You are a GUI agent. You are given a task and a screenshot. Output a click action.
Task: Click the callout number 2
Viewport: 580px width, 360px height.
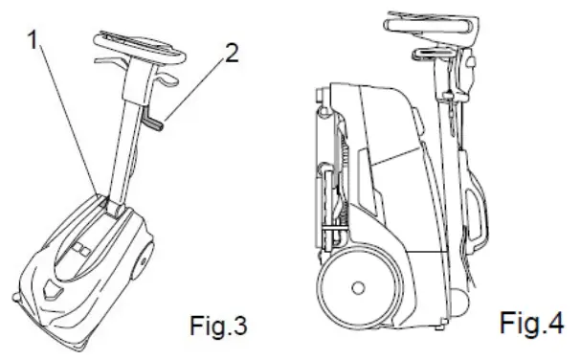(x=230, y=54)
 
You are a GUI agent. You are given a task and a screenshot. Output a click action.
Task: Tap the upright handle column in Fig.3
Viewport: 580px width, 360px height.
(x=127, y=134)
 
